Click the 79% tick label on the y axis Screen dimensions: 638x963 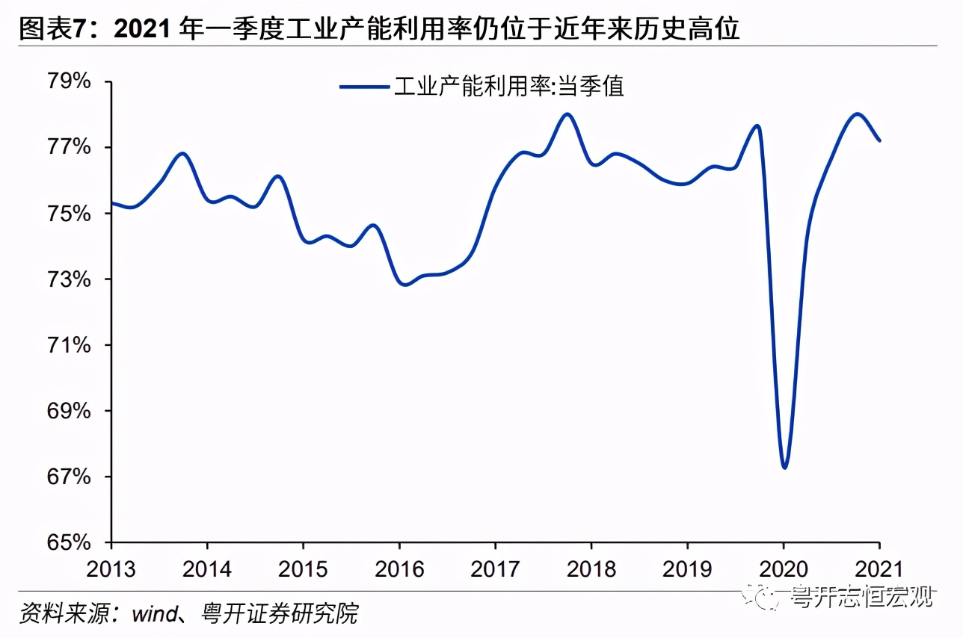tap(68, 81)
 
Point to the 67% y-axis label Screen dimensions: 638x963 tap(68, 477)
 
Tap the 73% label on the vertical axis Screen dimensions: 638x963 tap(68, 279)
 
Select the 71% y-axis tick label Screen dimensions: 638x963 tap(68, 345)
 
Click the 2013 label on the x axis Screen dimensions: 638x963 tap(111, 569)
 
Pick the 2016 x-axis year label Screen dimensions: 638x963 tap(399, 569)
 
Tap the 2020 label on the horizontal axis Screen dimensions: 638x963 tap(783, 569)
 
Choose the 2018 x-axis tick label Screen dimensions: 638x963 tap(591, 569)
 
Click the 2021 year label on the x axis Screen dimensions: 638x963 tap(879, 569)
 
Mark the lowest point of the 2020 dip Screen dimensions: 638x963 tap(784, 468)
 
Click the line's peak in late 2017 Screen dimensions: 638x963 tap(567, 114)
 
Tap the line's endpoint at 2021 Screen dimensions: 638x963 tap(879, 140)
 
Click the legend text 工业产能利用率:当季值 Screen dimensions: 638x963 tap(508, 87)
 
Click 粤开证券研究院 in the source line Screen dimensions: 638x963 tap(280, 614)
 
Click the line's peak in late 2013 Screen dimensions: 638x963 tap(183, 153)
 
